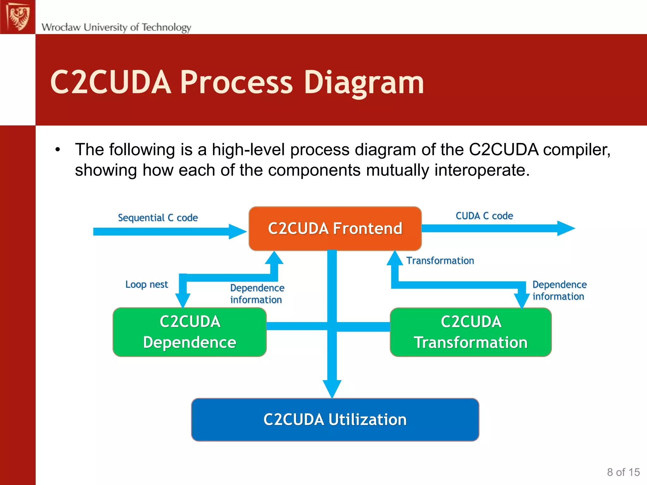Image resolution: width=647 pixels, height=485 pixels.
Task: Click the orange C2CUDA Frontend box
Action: [x=335, y=229]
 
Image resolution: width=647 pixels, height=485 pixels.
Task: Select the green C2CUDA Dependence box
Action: [x=190, y=332]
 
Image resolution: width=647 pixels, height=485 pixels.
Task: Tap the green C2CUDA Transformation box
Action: [x=471, y=332]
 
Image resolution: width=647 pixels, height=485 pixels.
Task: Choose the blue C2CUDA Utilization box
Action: [x=335, y=420]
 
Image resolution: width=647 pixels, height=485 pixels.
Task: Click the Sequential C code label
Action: [x=158, y=218]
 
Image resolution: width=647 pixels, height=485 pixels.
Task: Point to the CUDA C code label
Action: [x=484, y=216]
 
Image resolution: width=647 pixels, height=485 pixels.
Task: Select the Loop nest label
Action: [x=147, y=284]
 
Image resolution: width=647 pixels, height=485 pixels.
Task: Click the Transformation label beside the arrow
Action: [x=440, y=261]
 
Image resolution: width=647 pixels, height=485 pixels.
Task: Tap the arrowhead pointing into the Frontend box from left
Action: [x=238, y=231]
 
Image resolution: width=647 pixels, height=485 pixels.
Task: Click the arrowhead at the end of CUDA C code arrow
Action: [x=566, y=228]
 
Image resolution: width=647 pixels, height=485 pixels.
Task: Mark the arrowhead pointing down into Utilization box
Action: [x=332, y=388]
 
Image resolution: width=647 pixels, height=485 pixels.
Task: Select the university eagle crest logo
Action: [x=18, y=17]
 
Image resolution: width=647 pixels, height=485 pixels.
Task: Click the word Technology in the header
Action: [x=166, y=27]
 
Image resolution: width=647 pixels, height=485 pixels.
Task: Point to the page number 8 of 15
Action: [x=623, y=472]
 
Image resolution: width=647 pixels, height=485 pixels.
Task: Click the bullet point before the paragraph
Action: [x=57, y=150]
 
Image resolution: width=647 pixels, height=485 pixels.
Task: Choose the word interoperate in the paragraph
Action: [x=479, y=170]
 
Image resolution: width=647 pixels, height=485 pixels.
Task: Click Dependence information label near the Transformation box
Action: [x=559, y=290]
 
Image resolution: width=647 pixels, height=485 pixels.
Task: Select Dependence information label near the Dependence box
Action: [x=257, y=294]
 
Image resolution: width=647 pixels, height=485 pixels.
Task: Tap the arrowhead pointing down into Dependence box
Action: [x=183, y=300]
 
